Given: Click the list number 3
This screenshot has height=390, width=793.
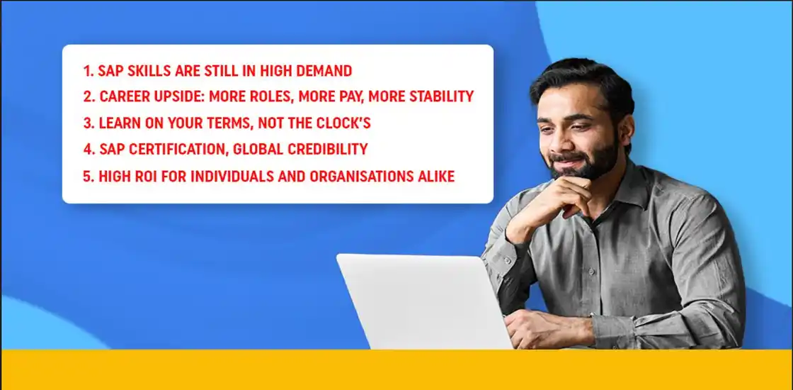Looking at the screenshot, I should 88,123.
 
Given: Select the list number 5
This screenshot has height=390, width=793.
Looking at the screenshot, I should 88,176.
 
